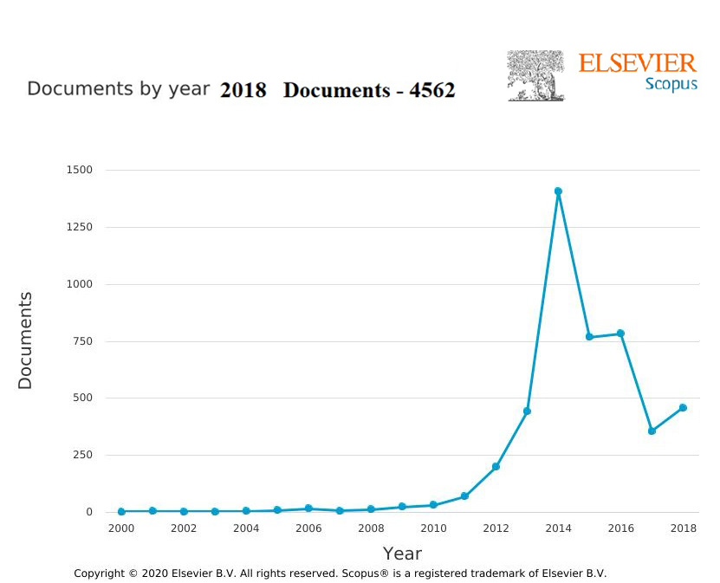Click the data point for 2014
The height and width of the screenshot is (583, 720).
coord(558,191)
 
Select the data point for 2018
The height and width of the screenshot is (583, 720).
coord(683,407)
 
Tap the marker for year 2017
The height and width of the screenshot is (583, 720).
coord(652,431)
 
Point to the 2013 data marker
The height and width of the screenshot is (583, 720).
coord(527,411)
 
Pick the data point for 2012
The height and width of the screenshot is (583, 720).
coord(496,467)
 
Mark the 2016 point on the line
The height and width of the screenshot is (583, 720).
coord(620,334)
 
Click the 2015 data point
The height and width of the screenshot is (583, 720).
coord(589,337)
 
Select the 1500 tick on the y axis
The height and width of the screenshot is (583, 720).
coord(79,171)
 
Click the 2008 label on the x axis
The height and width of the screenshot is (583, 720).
coord(371,528)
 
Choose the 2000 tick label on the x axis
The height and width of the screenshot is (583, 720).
coord(121,528)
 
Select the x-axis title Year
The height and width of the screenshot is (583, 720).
coord(402,554)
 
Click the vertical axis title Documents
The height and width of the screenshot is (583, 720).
coord(25,340)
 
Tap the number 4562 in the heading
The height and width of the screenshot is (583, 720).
coord(431,90)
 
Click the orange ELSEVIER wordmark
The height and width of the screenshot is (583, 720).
coord(637,63)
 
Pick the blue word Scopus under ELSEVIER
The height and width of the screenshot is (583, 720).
coord(671,85)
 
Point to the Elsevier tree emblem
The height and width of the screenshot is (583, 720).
coord(535,75)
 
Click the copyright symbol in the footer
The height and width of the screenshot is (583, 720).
coord(133,573)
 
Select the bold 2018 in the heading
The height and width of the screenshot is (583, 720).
coord(243,90)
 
